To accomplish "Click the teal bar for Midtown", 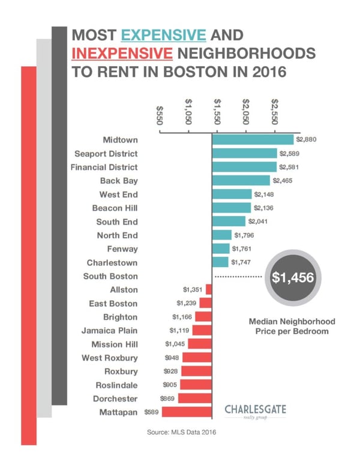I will coord(253,139).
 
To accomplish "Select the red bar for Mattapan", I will coord(187,412).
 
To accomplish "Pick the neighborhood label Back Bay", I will coord(118,181).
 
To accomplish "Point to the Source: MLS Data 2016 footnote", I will coord(180,432).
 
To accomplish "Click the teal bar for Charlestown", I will coord(220,262).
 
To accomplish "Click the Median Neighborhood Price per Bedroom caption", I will coord(292,327).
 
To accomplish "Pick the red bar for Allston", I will coord(209,289).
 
